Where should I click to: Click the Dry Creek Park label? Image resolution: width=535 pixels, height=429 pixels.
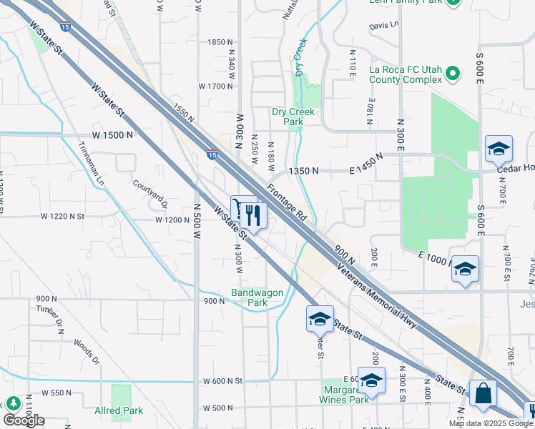pyautogui.click(x=288, y=117)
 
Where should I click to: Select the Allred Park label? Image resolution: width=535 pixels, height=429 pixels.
pyautogui.click(x=119, y=410)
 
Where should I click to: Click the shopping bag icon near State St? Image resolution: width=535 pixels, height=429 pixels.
pyautogui.click(x=483, y=395)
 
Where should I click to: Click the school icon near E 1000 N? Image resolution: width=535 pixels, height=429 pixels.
pyautogui.click(x=465, y=270)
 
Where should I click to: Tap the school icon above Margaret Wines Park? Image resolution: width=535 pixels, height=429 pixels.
pyautogui.click(x=370, y=381)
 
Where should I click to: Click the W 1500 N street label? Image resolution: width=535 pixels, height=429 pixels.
pyautogui.click(x=112, y=135)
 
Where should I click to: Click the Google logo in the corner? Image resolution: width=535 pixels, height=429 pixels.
pyautogui.click(x=24, y=420)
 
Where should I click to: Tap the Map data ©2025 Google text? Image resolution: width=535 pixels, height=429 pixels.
pyautogui.click(x=491, y=423)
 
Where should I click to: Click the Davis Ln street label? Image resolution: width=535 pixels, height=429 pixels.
pyautogui.click(x=383, y=25)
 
